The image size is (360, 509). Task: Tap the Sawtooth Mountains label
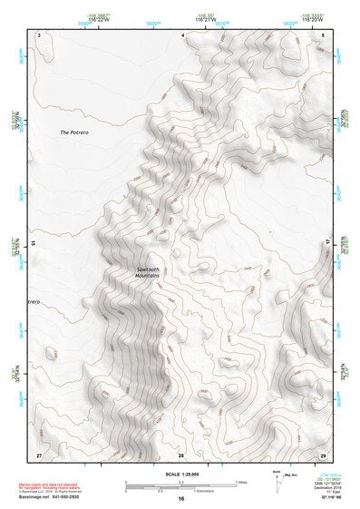149,272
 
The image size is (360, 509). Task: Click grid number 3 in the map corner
40,34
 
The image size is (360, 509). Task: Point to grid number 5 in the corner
324,34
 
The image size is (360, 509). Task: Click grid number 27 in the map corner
39,454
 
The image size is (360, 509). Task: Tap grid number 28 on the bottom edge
180,454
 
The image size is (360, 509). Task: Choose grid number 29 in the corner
323,454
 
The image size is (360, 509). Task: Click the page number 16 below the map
181,498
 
